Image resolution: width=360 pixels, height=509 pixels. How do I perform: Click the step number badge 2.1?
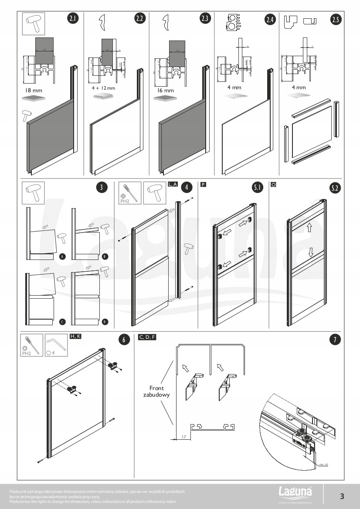(x=73, y=19)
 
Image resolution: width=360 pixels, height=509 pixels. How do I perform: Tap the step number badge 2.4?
(x=270, y=19)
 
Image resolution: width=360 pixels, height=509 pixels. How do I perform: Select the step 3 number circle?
(x=101, y=188)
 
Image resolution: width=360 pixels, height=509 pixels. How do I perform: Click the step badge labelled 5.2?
(x=335, y=188)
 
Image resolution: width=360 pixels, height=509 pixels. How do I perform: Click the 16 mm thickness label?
(x=165, y=91)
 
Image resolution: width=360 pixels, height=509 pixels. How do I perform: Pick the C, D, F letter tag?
(x=147, y=337)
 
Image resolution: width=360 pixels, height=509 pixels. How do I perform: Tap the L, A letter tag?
(x=173, y=185)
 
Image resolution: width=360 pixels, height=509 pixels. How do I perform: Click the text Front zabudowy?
(x=156, y=391)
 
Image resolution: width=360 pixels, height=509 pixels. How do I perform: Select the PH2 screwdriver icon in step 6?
(x=32, y=345)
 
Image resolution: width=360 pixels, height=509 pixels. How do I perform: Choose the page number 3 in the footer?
(x=342, y=496)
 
